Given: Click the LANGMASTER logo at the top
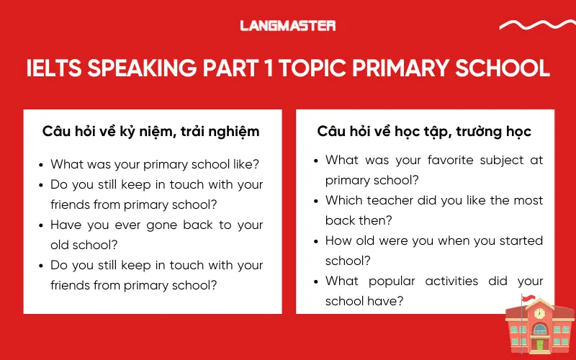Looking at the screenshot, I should pos(288,26).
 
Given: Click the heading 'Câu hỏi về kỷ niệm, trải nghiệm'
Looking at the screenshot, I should pos(151,132).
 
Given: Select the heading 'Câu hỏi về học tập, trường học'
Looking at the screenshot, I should pos(424,132).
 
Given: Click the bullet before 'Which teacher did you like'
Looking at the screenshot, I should pos(316,201).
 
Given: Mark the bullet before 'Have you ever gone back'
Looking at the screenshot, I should pos(42,225).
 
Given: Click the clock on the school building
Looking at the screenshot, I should pos(539,314).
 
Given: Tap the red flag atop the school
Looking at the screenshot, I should pos(529,298).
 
